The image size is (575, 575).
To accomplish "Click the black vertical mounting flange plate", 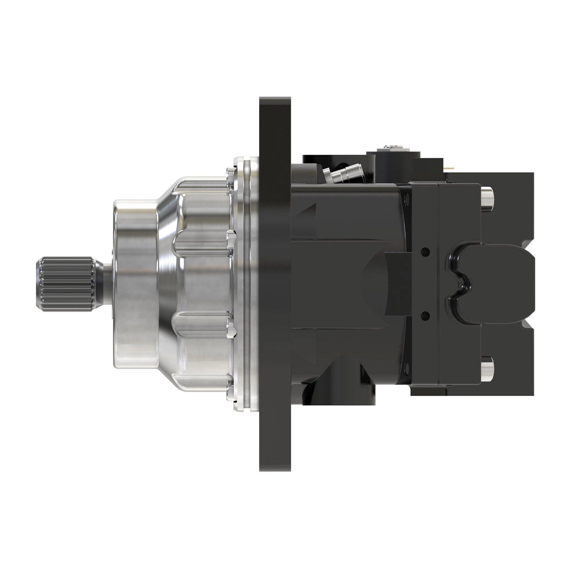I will (x=275, y=283).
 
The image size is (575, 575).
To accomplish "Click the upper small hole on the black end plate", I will (x=424, y=251).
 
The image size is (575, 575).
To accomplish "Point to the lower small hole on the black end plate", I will (x=424, y=314).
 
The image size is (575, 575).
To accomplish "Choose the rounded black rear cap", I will (x=494, y=283).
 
